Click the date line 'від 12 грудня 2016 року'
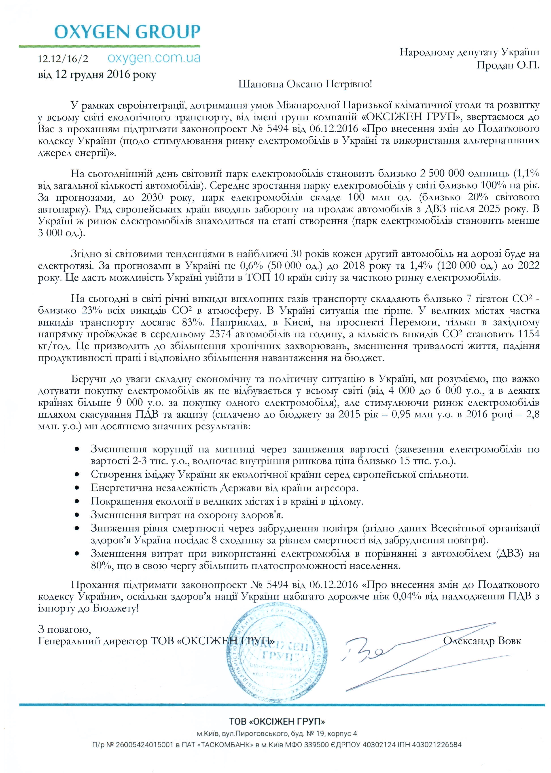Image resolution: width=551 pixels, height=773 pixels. pos(97,74)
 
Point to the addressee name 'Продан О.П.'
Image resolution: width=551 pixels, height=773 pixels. pos(508,65)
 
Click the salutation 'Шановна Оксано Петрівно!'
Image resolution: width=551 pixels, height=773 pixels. pos(305,84)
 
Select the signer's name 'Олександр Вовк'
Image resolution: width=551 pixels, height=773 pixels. pos(482,641)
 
